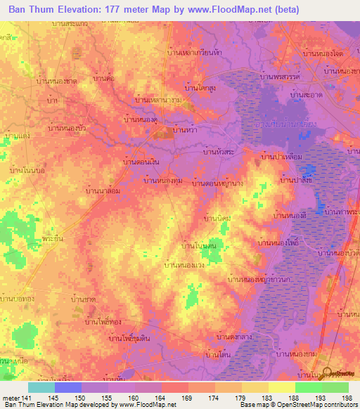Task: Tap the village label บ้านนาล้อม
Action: (100, 190)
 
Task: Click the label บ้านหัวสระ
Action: (219, 151)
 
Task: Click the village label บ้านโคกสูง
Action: (200, 88)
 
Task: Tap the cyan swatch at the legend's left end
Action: (41, 387)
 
